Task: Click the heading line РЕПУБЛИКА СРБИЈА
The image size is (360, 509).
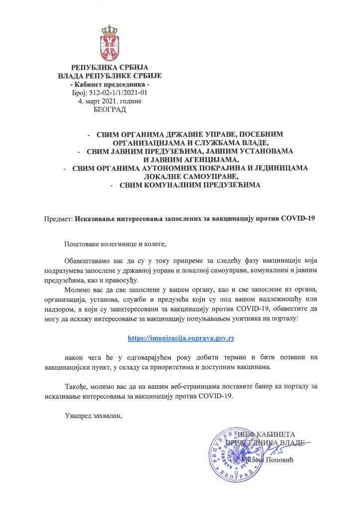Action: [x=110, y=68]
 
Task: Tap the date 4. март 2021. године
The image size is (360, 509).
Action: [x=110, y=101]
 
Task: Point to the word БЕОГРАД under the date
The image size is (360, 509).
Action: [x=110, y=109]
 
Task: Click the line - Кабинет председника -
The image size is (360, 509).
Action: [x=110, y=84]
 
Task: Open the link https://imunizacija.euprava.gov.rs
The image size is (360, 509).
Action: [x=181, y=338]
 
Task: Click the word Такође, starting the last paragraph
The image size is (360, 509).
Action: [x=77, y=387]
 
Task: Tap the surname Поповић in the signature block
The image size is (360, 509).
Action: [x=279, y=461]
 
